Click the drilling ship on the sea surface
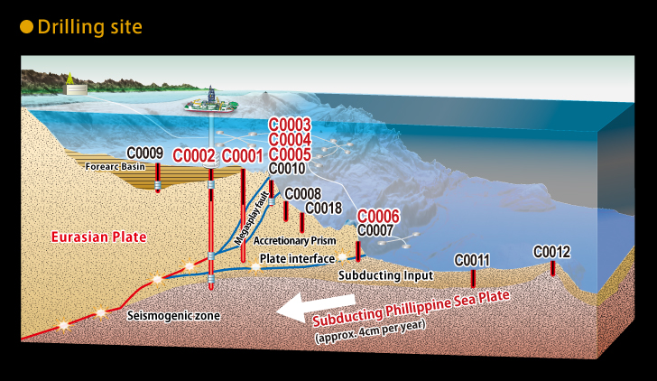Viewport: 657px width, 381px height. click(211, 103)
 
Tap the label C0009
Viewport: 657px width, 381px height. click(145, 153)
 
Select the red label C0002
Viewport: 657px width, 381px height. click(194, 156)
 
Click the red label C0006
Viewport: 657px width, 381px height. click(378, 217)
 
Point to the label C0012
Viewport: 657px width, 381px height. click(551, 252)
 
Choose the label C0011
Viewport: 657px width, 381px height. click(472, 260)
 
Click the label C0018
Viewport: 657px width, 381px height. click(323, 208)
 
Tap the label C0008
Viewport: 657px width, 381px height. click(303, 193)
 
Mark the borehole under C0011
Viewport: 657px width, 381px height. click(473, 278)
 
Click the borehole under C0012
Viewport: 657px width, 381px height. click(552, 268)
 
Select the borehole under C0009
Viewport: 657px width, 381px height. click(158, 178)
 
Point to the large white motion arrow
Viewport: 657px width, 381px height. click(317, 307)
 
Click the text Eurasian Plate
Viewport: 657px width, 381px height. click(99, 237)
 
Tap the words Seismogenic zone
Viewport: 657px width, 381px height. click(173, 315)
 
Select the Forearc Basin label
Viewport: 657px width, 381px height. click(116, 166)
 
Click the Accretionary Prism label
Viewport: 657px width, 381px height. click(294, 240)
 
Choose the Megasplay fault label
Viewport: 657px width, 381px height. click(252, 218)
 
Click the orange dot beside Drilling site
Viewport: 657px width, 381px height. click(26, 27)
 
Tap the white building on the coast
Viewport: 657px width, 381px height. click(76, 89)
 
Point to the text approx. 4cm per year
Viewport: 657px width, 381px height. click(370, 331)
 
